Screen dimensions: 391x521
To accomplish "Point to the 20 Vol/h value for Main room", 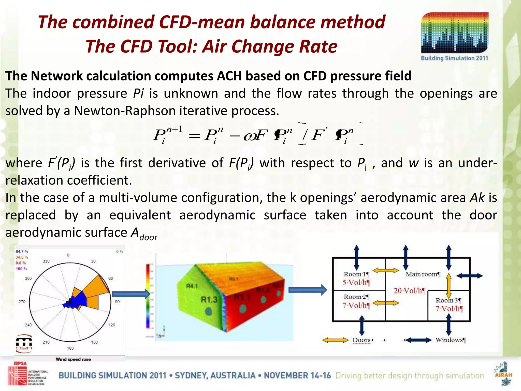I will tap(409, 291).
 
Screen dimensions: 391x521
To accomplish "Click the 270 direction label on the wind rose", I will tap(22, 302).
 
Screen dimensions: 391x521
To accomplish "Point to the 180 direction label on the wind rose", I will tap(70, 348).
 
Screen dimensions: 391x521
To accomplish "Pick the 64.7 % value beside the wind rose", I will tap(22, 252).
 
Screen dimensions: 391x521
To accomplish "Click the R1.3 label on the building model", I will tap(209, 300).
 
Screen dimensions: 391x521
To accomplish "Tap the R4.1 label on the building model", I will tap(192, 286).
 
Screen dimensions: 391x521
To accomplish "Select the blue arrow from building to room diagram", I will tap(307, 290).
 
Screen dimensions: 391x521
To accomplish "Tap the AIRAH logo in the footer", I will tap(503, 373).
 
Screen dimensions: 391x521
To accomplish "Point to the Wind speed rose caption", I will tap(73, 359).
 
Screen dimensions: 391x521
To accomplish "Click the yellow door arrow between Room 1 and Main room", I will tap(386, 271).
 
